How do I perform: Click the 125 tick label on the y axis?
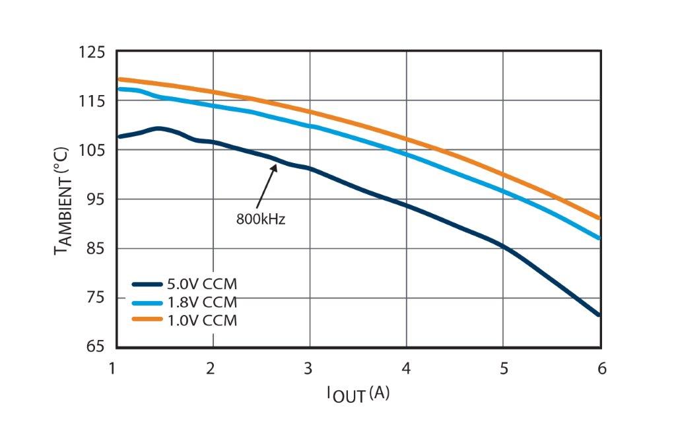pos(92,51)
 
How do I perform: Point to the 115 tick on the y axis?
pos(92,101)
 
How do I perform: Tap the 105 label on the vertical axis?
pos(92,150)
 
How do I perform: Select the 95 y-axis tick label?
pos(96,199)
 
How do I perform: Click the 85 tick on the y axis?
pos(96,248)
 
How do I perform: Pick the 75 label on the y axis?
pos(96,298)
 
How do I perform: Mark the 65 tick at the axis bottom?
pos(96,347)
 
